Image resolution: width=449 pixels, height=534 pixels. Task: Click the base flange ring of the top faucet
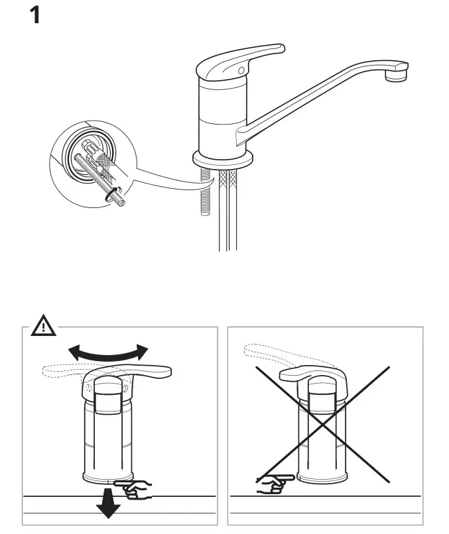click(x=223, y=160)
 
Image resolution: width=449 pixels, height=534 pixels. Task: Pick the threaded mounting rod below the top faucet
click(x=205, y=199)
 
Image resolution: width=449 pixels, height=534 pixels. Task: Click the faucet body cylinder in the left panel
click(x=108, y=437)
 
